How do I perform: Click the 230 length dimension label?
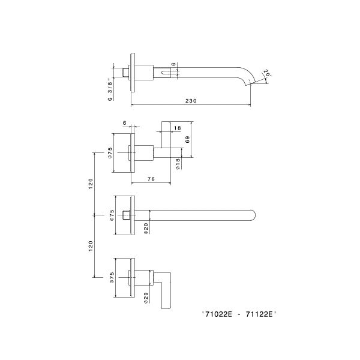pyautogui.click(x=191, y=101)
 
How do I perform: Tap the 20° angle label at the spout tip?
pyautogui.click(x=266, y=73)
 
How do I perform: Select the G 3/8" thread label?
pyautogui.click(x=110, y=89)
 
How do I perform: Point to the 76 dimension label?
pyautogui.click(x=151, y=179)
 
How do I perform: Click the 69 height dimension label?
pyautogui.click(x=188, y=140)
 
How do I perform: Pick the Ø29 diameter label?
pyautogui.click(x=146, y=298)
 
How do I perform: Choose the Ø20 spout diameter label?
pyautogui.click(x=146, y=229)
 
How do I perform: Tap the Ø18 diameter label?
pyautogui.click(x=178, y=164)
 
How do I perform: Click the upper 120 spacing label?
pyautogui.click(x=91, y=184)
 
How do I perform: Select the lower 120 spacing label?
pyautogui.click(x=91, y=246)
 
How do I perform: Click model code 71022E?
pyautogui.click(x=218, y=314)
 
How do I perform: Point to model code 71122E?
pyautogui.click(x=259, y=314)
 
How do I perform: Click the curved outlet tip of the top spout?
pyautogui.click(x=248, y=83)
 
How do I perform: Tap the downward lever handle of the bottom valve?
pyautogui.click(x=164, y=290)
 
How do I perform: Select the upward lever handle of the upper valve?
pyautogui.click(x=166, y=134)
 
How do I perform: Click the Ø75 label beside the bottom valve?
pyautogui.click(x=112, y=278)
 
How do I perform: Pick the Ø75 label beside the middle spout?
pyautogui.click(x=112, y=215)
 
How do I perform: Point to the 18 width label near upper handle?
pyautogui.click(x=177, y=128)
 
